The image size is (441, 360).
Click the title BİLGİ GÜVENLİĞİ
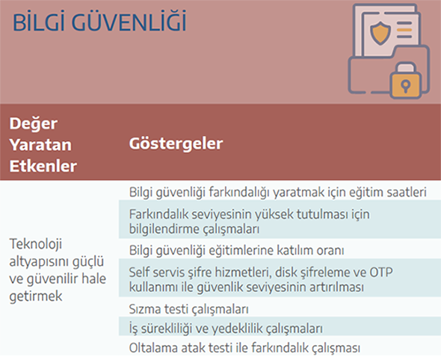tap(99, 22)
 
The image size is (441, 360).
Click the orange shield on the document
tap(380, 33)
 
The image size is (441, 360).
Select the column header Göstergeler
tap(176, 143)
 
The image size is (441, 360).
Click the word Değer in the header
tap(34, 124)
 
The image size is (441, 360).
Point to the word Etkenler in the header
tap(43, 166)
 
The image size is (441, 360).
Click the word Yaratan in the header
tap(40, 145)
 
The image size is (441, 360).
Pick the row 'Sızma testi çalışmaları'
tap(188, 309)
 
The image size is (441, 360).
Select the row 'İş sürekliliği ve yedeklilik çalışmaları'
tap(226, 328)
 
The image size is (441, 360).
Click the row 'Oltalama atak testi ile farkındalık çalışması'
tap(244, 348)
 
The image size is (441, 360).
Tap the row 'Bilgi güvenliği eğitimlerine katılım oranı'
tap(236, 250)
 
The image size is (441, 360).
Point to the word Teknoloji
tap(36, 244)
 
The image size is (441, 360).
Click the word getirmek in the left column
tap(36, 297)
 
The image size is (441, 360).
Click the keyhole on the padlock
tap(406, 85)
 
